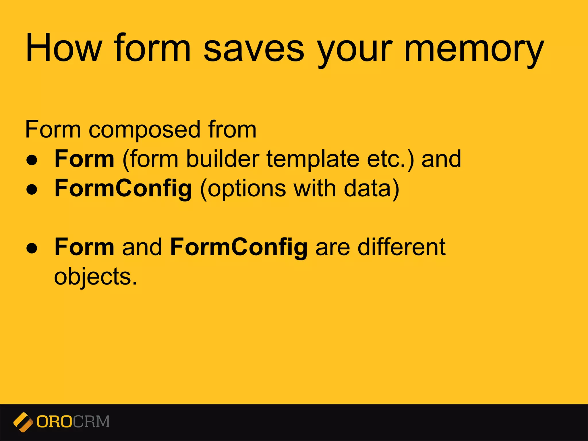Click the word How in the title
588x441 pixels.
(64, 48)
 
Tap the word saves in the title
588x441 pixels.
(254, 48)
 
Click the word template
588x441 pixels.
(313, 160)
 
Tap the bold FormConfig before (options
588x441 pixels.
(123, 189)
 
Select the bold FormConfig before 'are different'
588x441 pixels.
(239, 247)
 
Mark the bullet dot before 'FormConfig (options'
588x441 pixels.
(32, 189)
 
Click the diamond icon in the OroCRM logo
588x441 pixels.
(23, 422)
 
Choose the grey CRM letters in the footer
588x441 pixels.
(91, 422)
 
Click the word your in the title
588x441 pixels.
(355, 49)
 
